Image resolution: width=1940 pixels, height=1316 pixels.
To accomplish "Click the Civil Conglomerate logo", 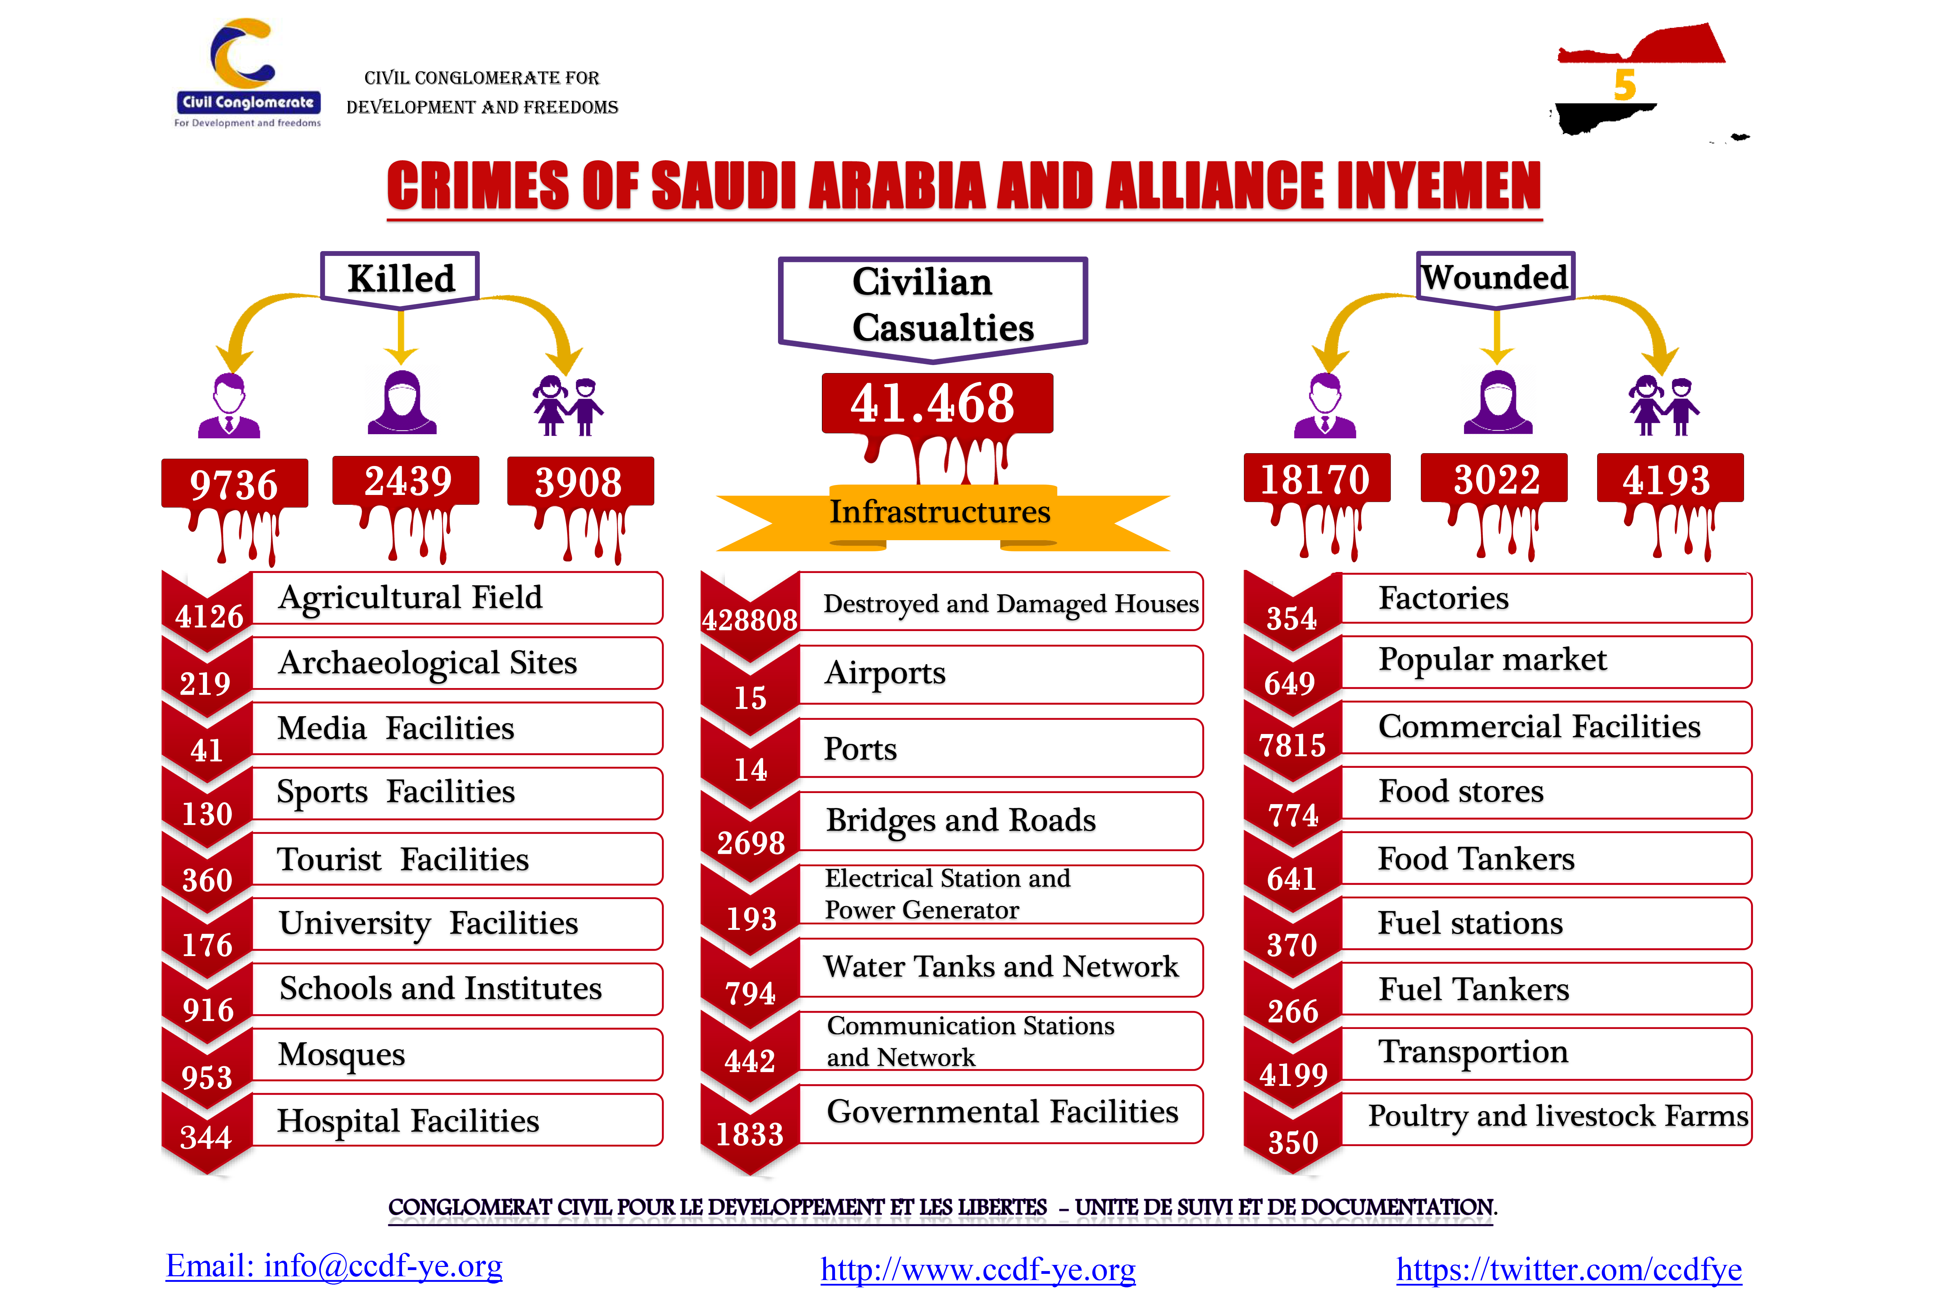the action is (x=247, y=74).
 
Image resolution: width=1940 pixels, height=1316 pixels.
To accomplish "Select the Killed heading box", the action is (x=401, y=278).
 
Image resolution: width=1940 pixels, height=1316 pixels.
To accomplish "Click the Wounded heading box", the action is (x=1495, y=277).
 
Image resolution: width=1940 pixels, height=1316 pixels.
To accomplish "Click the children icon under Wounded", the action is (x=1664, y=406).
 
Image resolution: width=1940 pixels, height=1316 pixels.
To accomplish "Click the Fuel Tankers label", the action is (x=1473, y=989).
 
